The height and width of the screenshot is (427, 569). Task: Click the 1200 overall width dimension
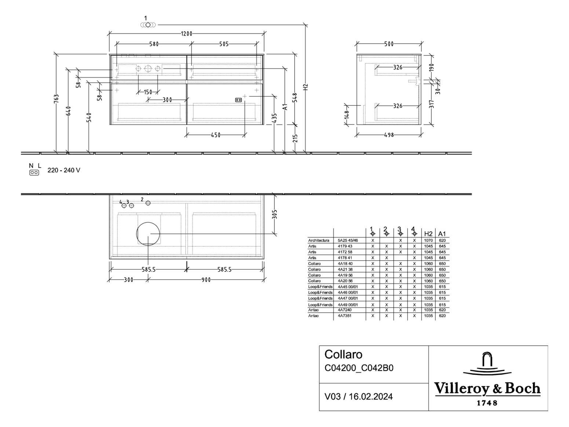(186, 34)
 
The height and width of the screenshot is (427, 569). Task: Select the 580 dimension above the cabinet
(154, 44)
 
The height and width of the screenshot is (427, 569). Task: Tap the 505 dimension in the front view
(224, 44)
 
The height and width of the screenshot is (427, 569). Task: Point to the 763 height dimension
(56, 99)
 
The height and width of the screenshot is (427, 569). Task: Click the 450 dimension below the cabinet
(216, 135)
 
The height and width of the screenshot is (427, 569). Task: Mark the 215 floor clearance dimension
(295, 138)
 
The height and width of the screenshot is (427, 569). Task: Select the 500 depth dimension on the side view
(389, 44)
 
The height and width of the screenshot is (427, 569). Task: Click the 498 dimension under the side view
(389, 135)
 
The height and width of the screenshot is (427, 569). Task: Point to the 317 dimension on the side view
(431, 104)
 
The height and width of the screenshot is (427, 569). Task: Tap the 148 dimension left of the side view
(347, 115)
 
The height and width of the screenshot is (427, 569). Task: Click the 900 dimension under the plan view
(206, 280)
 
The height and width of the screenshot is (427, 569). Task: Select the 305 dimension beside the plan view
(275, 214)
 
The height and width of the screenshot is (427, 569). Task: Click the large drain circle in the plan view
(148, 233)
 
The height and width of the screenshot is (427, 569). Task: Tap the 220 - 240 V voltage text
(63, 170)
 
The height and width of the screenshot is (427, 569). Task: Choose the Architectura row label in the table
(318, 241)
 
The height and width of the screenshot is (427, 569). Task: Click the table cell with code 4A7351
(344, 316)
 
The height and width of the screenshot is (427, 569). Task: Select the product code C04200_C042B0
(359, 368)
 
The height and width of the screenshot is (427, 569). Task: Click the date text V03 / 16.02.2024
(358, 397)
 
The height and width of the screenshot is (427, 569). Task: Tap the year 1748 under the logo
(487, 403)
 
